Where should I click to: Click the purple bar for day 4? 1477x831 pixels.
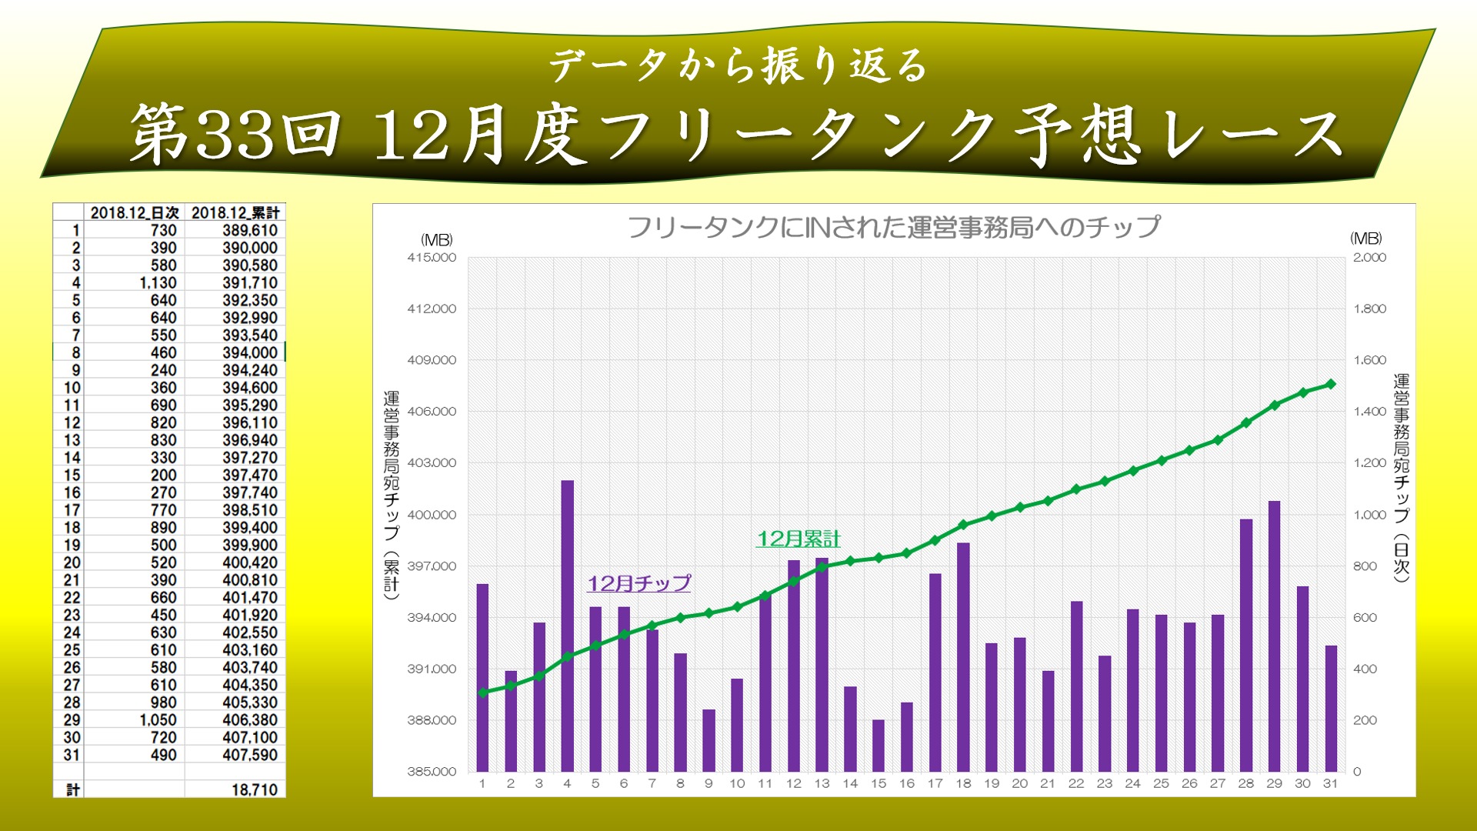pos(567,625)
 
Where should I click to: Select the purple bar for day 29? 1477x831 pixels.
pos(1274,636)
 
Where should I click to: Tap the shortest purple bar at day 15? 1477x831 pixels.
pos(879,745)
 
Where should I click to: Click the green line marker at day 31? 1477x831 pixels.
pos(1331,384)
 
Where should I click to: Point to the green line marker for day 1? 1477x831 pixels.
pos(482,692)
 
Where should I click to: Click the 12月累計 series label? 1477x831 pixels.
pos(799,539)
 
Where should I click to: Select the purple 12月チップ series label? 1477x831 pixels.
pos(638,583)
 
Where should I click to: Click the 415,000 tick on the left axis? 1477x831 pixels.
pos(432,258)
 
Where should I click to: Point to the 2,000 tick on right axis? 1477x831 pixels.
pos(1369,258)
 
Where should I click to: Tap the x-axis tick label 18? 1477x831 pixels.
pos(963,783)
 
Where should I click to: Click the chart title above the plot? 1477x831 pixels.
pos(893,227)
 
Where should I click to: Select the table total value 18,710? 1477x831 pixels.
pos(254,789)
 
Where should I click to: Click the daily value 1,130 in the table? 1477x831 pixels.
pos(158,283)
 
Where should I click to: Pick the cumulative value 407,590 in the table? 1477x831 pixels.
pos(250,755)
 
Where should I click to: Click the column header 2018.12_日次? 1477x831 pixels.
pos(135,212)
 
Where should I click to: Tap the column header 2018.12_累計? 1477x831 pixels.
pos(235,212)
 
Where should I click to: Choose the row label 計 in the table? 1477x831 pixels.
pos(73,789)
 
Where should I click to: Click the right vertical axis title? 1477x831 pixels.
pos(1401,477)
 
